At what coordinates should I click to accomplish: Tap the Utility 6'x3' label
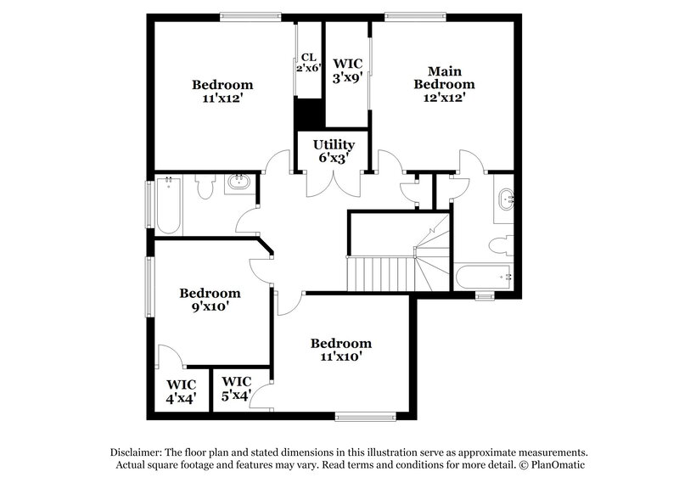[334, 151]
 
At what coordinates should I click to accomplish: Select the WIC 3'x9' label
[347, 70]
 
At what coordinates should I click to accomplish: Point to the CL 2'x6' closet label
[308, 63]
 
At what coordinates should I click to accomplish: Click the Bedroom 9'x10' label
[210, 300]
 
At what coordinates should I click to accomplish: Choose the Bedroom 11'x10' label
[340, 350]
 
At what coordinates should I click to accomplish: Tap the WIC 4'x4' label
[181, 390]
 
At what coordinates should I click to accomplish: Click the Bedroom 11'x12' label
[222, 91]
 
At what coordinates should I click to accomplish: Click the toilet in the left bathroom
[205, 188]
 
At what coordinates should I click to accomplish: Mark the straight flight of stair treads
[379, 274]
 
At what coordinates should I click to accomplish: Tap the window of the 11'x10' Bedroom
[366, 416]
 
